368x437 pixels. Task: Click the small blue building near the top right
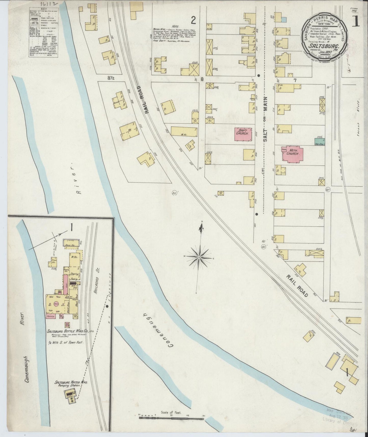pyautogui.click(x=284, y=19)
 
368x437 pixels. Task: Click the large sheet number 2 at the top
pyautogui.click(x=194, y=19)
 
